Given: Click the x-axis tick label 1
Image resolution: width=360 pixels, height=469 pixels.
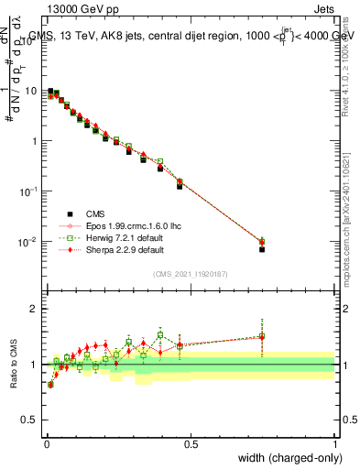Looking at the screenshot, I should pos(335,442).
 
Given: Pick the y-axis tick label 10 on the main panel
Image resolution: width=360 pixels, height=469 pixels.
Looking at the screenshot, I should pos(30,91).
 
